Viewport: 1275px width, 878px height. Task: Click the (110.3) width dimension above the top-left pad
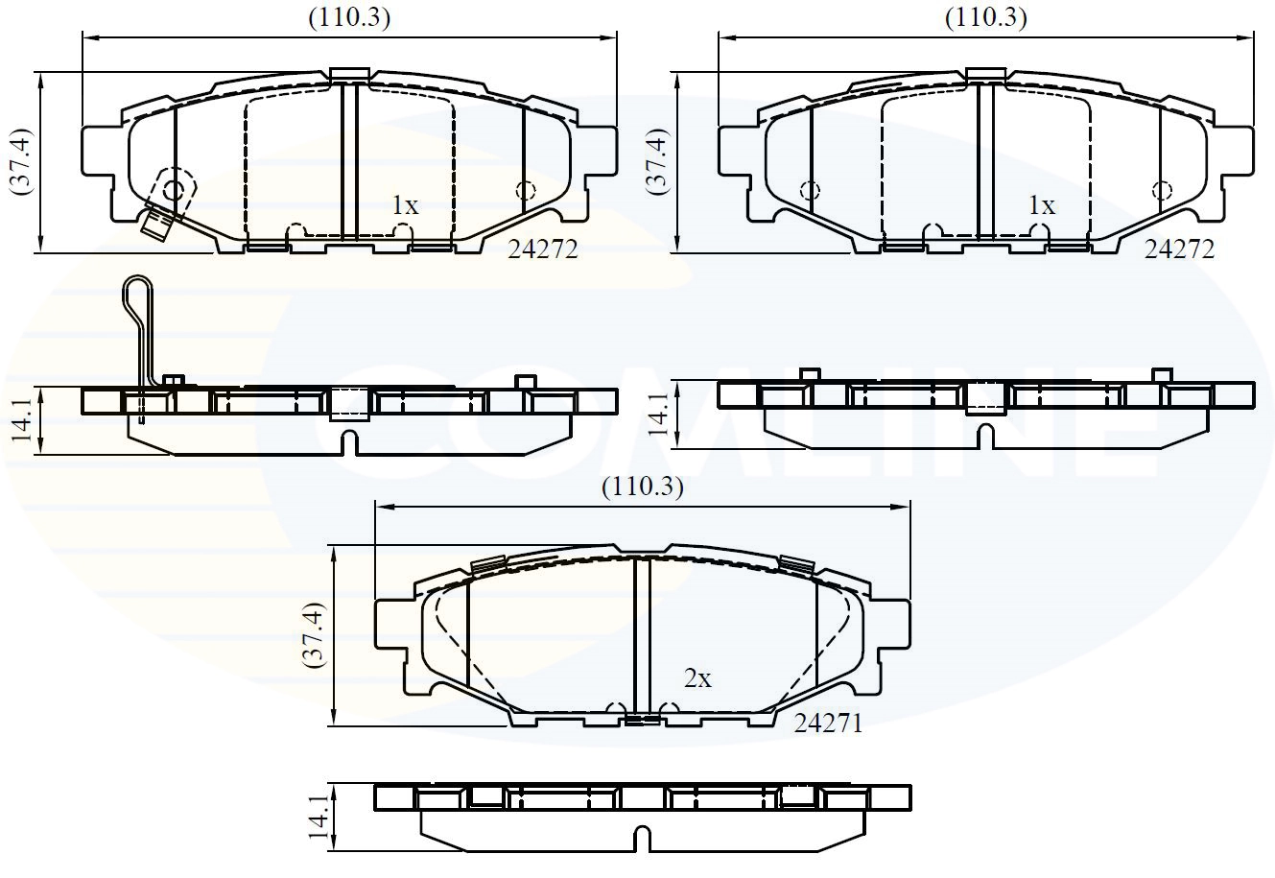(348, 17)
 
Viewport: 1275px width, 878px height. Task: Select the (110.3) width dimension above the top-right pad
(985, 17)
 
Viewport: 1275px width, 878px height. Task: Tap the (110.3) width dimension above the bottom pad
(642, 487)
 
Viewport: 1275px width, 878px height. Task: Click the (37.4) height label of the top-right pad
(658, 160)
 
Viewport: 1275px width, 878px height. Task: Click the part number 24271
(828, 724)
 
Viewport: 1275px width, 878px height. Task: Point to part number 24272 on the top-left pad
(543, 250)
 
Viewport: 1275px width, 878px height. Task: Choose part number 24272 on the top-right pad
(1179, 250)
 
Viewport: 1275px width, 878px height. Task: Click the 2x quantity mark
(697, 679)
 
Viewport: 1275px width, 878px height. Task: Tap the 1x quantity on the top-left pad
(405, 205)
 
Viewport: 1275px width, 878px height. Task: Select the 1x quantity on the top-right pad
(1041, 205)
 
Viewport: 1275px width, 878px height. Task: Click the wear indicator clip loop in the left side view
(137, 297)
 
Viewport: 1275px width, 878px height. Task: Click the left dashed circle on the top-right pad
(810, 190)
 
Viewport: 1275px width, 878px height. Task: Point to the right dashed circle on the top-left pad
(525, 190)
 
